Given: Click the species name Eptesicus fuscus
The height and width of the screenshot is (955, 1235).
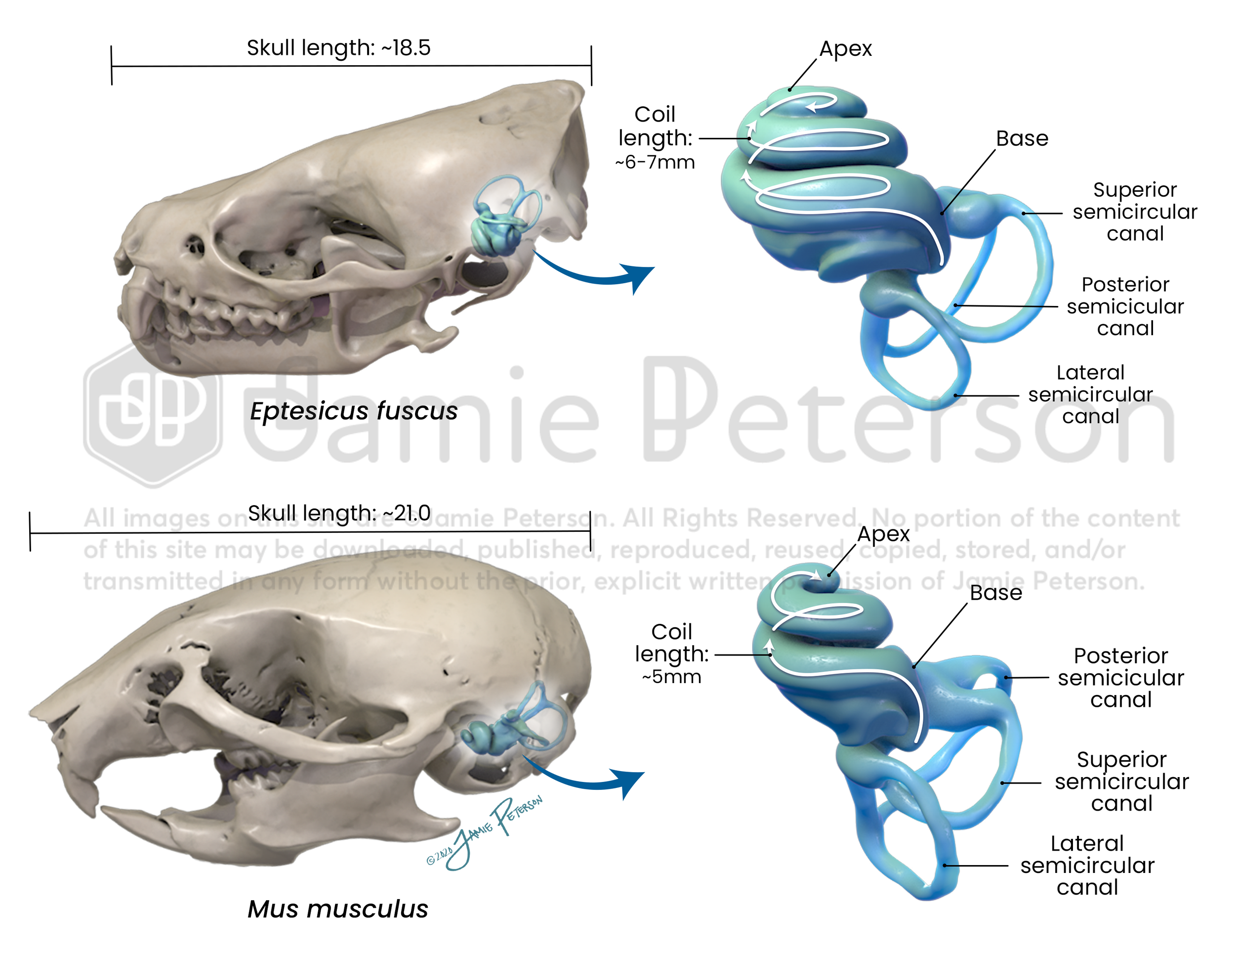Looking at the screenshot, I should point(353,411).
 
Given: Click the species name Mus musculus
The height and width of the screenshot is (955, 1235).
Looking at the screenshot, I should point(337,909).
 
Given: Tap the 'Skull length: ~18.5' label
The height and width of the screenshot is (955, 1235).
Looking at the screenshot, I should point(338,48).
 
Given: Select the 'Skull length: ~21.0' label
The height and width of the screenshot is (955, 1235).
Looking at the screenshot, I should point(339,513).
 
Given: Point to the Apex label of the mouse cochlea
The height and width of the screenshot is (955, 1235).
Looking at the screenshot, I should point(883,534).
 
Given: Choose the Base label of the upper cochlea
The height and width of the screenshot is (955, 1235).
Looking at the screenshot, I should point(1022,138).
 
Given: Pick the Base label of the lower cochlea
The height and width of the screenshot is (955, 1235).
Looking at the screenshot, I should point(996,593).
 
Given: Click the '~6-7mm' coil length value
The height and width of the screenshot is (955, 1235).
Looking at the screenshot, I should point(655,162).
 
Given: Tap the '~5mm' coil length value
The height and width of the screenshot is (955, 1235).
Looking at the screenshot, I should point(671,677).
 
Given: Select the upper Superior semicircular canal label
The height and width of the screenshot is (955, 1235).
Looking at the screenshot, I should point(1134,212).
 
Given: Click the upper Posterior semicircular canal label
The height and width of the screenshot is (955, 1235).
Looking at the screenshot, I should point(1125,306).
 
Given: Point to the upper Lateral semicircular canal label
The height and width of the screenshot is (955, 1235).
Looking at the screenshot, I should point(1090,394).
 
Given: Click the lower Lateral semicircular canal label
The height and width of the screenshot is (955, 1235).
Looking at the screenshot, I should point(1087,865).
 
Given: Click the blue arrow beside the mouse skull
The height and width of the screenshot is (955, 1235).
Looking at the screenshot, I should point(588,778).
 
